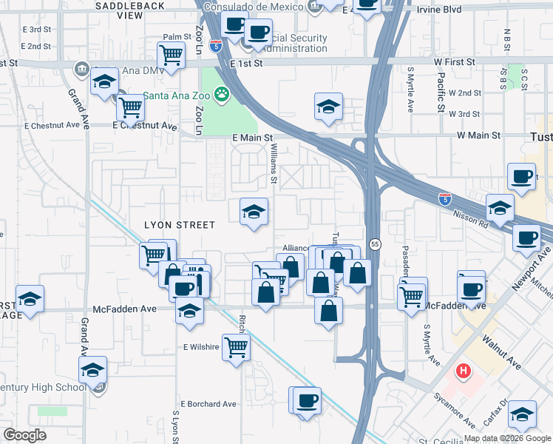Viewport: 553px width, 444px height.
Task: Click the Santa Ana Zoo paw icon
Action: [x=220, y=94]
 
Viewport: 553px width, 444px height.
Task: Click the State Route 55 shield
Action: [x=376, y=244]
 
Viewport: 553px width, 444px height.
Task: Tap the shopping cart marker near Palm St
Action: [x=171, y=55]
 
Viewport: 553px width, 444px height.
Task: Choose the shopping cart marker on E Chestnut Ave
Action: [x=130, y=107]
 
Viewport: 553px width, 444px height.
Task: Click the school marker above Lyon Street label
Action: [x=254, y=212]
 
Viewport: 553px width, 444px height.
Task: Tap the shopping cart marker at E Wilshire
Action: [x=236, y=346]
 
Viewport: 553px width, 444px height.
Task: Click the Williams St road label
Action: [x=273, y=164]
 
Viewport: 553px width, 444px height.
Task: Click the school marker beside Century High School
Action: [x=92, y=369]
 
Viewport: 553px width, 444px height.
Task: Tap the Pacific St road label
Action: [x=440, y=91]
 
